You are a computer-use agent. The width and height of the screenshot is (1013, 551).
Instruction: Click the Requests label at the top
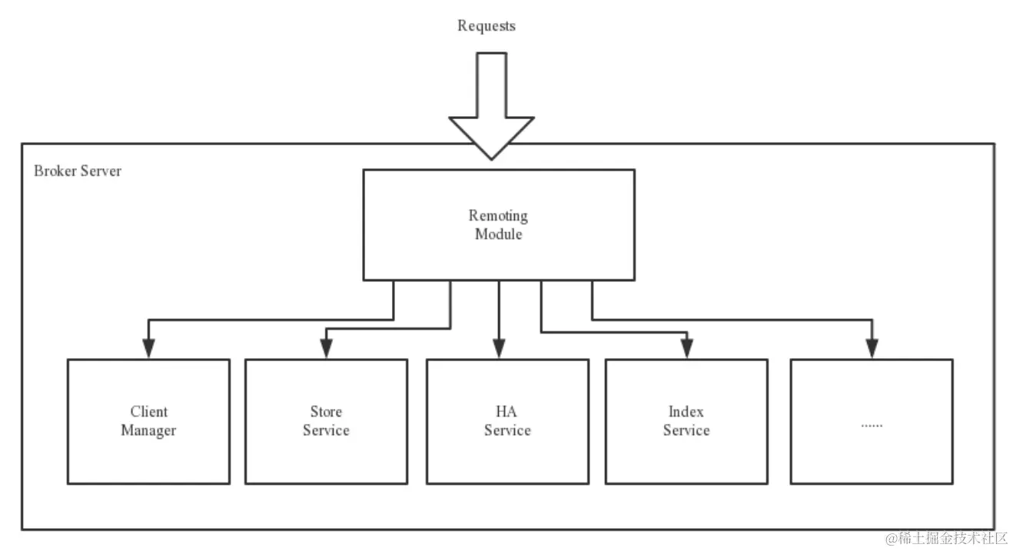[x=486, y=26]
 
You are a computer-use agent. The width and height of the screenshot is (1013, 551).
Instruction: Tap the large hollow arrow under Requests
[x=491, y=107]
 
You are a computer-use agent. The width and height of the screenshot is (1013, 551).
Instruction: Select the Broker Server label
[x=77, y=171]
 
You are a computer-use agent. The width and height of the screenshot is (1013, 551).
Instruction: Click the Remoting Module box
[x=498, y=224]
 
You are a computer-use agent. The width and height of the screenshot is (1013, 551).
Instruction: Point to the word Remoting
[x=498, y=216]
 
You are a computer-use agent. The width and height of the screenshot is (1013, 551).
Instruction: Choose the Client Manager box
[x=148, y=421]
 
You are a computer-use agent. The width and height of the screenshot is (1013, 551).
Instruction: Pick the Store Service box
[x=326, y=421]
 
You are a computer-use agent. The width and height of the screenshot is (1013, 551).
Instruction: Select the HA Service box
[x=507, y=421]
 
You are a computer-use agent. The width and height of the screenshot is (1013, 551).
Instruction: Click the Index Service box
[x=686, y=421]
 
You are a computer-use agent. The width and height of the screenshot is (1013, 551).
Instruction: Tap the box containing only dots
[x=872, y=421]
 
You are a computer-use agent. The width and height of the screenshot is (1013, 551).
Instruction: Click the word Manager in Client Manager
[x=148, y=430]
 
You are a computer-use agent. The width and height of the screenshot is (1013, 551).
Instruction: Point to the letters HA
[x=507, y=412]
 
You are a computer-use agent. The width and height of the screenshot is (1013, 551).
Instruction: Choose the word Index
[x=686, y=412]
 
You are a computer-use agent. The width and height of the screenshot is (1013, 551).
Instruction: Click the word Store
[x=326, y=412]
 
